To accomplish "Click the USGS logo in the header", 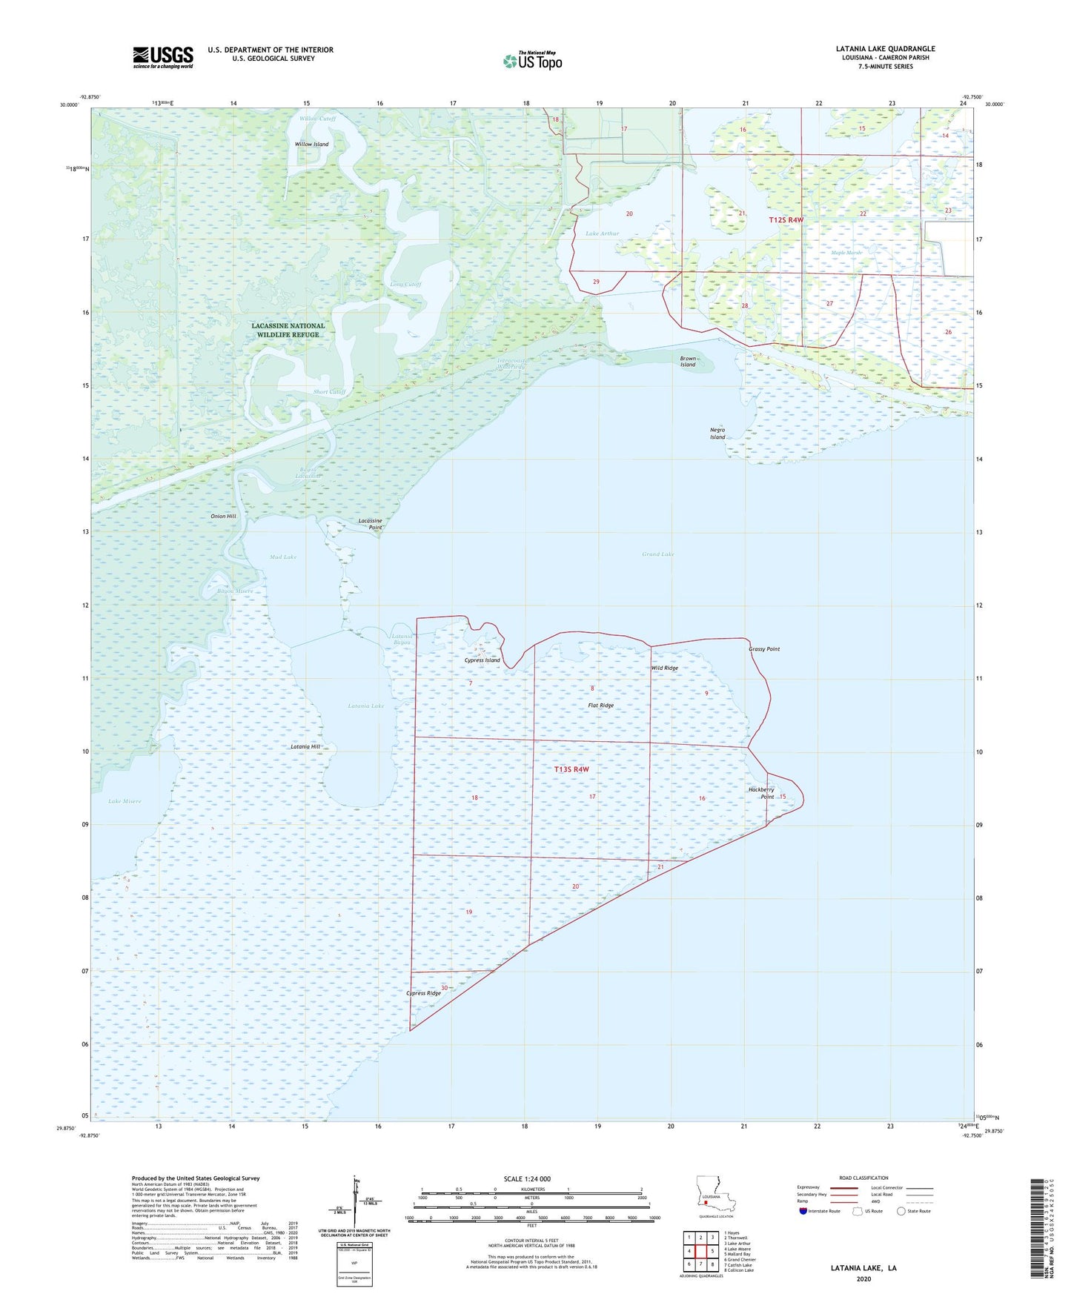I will click(163, 57).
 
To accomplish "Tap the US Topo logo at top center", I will click(532, 61).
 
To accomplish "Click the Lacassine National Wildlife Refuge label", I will click(288, 330).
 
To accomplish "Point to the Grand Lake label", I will click(657, 554).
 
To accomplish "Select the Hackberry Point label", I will click(761, 793).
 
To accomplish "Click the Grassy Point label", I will click(764, 649).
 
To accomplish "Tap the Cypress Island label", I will click(482, 660).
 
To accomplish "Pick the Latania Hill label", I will click(305, 747).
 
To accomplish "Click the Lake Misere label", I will click(125, 801).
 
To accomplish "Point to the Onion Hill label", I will click(223, 516).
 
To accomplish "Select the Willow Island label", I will click(311, 145).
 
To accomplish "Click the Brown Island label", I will click(688, 362).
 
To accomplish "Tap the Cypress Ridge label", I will click(423, 993).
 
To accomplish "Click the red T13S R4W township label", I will click(571, 769).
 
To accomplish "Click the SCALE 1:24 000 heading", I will click(527, 1178).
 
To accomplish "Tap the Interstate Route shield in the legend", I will click(803, 1211).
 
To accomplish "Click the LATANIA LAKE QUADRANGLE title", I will click(885, 49).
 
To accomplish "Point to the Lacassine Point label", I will click(370, 524).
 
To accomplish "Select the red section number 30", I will click(444, 988).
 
